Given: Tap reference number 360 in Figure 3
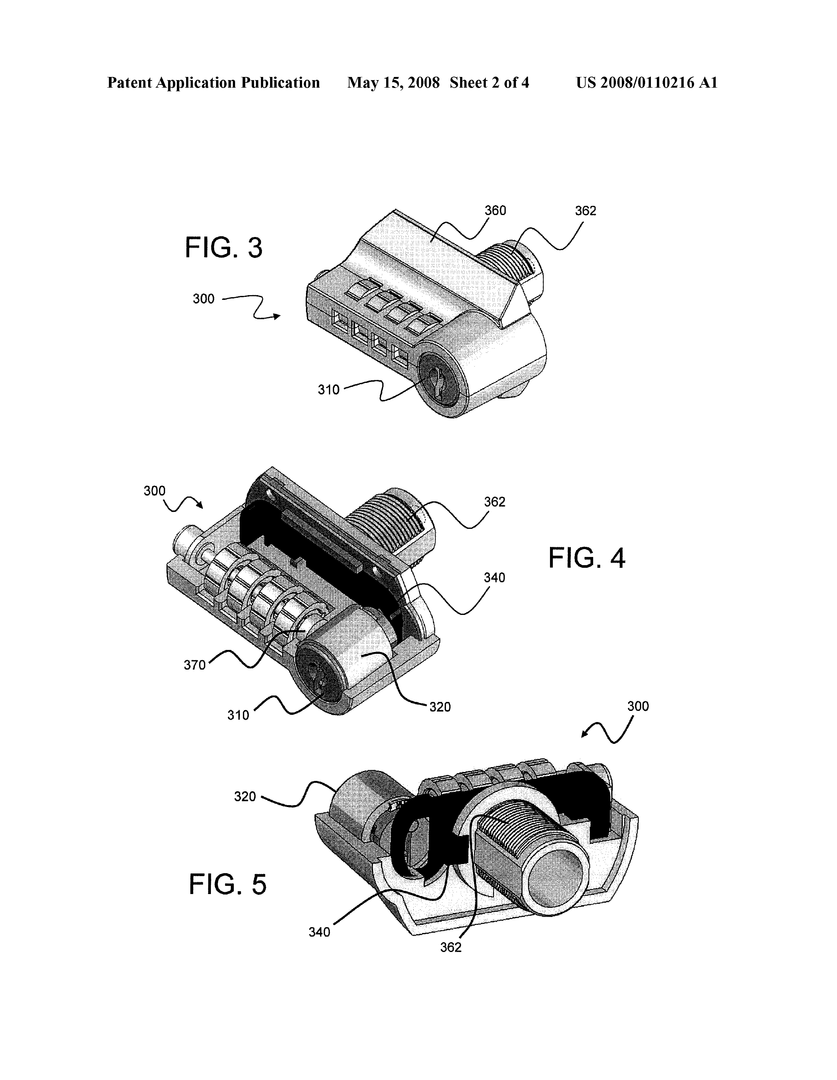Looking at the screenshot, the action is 495,211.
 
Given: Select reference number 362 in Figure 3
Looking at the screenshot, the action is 585,211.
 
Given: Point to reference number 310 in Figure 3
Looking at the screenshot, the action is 329,390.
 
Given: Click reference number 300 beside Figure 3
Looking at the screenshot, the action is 204,299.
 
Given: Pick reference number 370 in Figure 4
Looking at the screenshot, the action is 195,665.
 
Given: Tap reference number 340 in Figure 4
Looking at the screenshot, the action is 494,578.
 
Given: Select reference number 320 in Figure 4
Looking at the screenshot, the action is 440,707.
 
